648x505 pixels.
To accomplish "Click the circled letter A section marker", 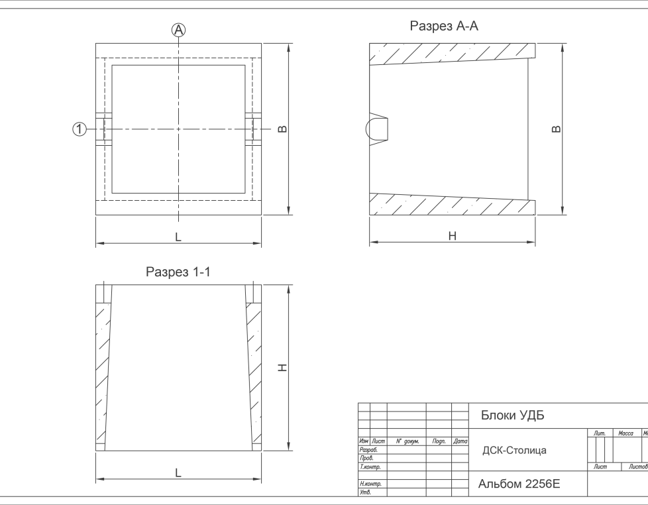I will (179, 30).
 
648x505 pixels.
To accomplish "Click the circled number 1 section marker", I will (79, 129).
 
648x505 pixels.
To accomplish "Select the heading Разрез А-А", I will (443, 27).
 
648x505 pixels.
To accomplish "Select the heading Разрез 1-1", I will (178, 272).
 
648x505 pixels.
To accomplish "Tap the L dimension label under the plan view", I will (178, 237).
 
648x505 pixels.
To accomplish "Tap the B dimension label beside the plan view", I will (282, 129).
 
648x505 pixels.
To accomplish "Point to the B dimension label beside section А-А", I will (556, 129).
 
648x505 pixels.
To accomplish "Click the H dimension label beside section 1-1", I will (282, 368).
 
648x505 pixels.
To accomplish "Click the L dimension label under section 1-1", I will (178, 473).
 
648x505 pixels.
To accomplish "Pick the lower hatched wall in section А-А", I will (451, 205).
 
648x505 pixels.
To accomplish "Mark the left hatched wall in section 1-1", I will (103, 371).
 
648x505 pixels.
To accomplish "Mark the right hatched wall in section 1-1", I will (254, 371).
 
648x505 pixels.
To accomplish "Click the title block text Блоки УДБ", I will (512, 416).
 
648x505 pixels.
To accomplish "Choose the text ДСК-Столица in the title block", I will (514, 451).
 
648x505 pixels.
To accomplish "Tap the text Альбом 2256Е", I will (519, 484).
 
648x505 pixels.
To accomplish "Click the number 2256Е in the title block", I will (543, 484).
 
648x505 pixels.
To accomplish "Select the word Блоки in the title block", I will (497, 416).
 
